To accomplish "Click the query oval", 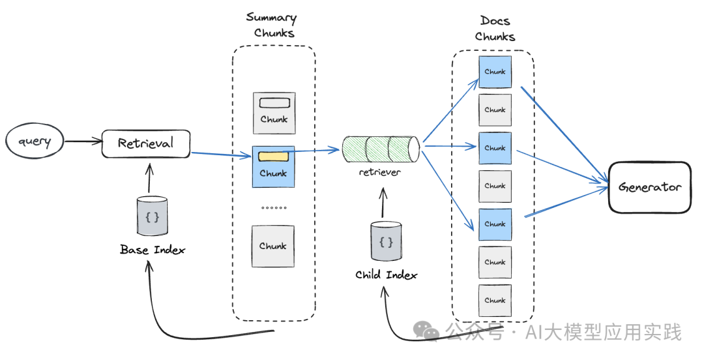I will (x=35, y=142).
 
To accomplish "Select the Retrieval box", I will (x=145, y=143).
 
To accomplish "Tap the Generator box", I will (x=649, y=187).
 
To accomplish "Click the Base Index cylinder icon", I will (x=153, y=217).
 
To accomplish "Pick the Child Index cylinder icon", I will (x=386, y=242).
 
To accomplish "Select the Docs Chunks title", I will (x=495, y=29).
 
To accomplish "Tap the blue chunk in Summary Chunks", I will (x=273, y=166).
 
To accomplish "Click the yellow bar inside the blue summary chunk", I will (x=273, y=157).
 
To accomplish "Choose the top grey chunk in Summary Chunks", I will (x=273, y=112).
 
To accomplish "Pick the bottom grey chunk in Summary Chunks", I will (x=273, y=246).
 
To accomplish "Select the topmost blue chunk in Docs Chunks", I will (x=495, y=72).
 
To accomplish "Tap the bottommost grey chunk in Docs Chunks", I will (x=495, y=300).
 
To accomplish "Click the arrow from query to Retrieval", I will (x=83, y=141).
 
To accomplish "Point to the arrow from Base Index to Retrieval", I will (x=149, y=177).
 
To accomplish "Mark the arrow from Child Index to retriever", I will (x=383, y=203).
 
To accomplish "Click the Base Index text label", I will (x=153, y=250).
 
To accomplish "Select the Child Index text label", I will (x=386, y=275).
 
